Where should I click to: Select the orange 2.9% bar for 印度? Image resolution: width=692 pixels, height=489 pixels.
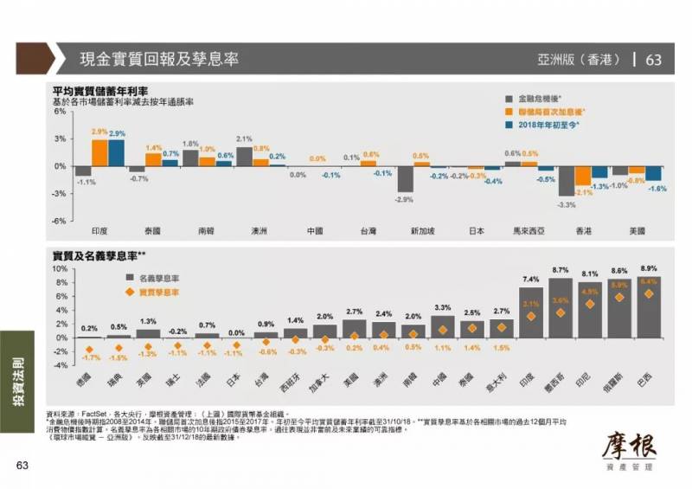pyautogui.click(x=100, y=151)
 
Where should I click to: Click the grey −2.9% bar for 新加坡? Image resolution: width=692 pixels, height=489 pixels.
pyautogui.click(x=404, y=179)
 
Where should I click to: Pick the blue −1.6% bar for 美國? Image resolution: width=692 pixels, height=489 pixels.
pyautogui.click(x=654, y=173)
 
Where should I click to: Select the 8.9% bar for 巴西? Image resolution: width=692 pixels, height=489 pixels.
pyautogui.click(x=649, y=307)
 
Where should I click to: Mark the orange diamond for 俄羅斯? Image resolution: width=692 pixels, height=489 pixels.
pyautogui.click(x=619, y=297)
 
